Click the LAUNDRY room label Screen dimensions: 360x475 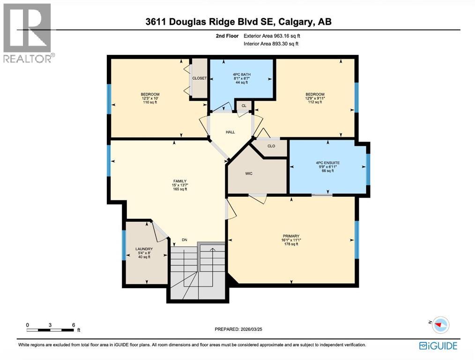(x=144, y=248)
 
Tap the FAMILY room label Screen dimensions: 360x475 (x=179, y=181)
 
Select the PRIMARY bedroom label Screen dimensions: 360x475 (x=291, y=236)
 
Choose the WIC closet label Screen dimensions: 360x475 (x=249, y=173)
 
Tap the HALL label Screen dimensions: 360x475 (x=230, y=132)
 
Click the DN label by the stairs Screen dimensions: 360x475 (x=185, y=240)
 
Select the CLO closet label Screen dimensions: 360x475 (x=271, y=146)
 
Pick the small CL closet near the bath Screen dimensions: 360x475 (x=244, y=106)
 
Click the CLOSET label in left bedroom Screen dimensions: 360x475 (x=200, y=78)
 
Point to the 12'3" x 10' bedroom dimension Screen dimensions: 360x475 (x=150, y=98)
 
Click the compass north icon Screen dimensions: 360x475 (x=439, y=324)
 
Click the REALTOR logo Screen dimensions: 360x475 (x=29, y=33)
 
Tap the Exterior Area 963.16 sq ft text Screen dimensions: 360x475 (x=271, y=36)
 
